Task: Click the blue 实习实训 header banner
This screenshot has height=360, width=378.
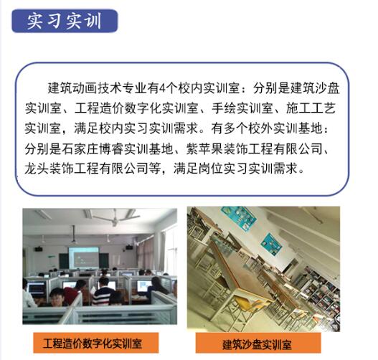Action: click(x=64, y=19)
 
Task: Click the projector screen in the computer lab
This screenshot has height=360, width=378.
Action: click(x=83, y=256)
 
